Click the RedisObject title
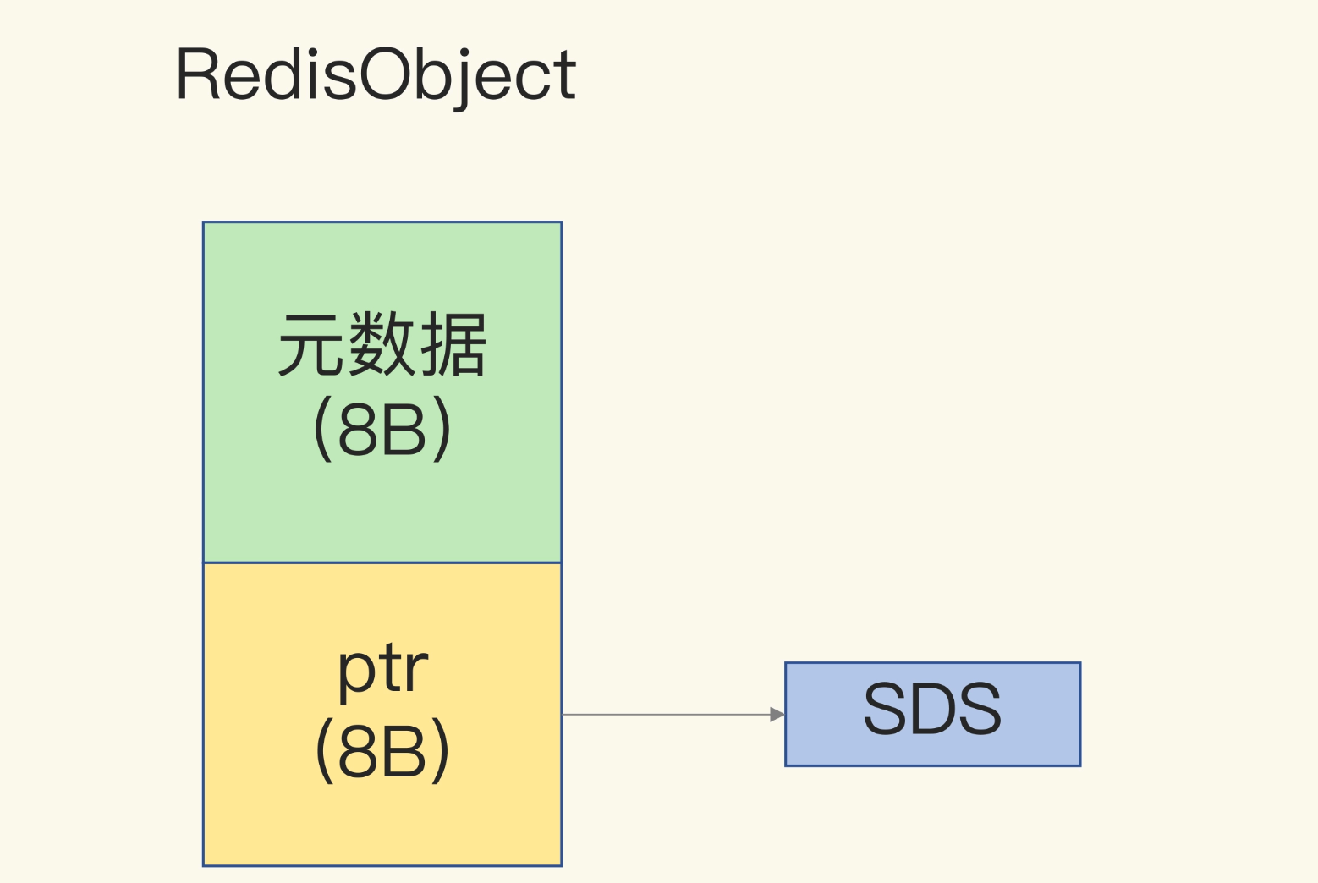376,76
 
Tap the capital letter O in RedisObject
386,74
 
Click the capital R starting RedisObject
198,74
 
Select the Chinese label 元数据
382,345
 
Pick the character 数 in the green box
382,345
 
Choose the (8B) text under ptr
382,751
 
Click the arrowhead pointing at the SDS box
777,715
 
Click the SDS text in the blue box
932,708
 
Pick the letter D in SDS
932,708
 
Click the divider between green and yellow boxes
382,563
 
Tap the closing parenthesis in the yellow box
441,751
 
